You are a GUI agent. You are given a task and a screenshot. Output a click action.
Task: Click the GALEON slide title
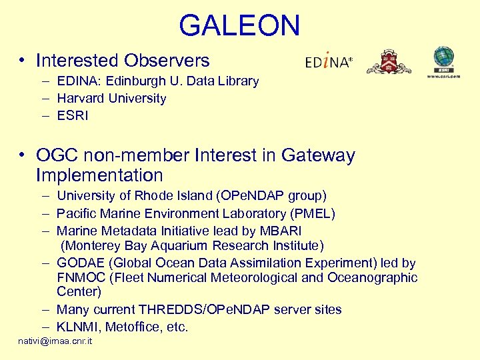pyautogui.click(x=239, y=25)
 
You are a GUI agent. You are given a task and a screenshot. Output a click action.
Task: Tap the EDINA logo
pyautogui.click(x=328, y=62)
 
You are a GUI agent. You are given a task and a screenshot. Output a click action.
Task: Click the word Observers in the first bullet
pyautogui.click(x=166, y=61)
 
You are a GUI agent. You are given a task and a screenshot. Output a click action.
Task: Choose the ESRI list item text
pyautogui.click(x=73, y=116)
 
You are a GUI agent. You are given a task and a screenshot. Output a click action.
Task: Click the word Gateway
pyautogui.click(x=318, y=156)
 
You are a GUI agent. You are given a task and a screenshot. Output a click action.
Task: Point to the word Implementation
pyautogui.click(x=99, y=175)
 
